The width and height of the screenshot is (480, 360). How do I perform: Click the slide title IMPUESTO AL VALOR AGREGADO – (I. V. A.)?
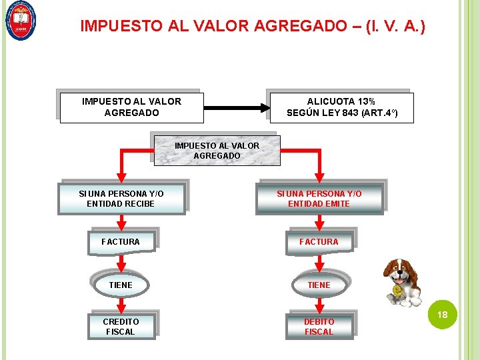point(253,26)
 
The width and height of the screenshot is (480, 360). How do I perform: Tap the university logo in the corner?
point(21,21)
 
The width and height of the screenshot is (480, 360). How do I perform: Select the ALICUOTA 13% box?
point(341,107)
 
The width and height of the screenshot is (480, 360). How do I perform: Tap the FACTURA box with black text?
point(121,241)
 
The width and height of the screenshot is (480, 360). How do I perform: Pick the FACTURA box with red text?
point(319,241)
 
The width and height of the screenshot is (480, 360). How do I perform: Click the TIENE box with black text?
point(121,285)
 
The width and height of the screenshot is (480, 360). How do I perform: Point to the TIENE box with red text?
point(319,285)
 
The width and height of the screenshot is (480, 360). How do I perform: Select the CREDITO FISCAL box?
point(121,326)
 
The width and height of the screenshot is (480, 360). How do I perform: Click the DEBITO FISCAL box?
point(319,326)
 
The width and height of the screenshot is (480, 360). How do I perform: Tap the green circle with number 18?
point(441,314)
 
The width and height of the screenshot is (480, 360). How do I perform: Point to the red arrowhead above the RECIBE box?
point(121,176)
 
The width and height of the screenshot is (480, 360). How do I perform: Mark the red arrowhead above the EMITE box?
point(318,176)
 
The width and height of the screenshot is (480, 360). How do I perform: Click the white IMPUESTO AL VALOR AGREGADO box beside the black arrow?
point(131,107)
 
